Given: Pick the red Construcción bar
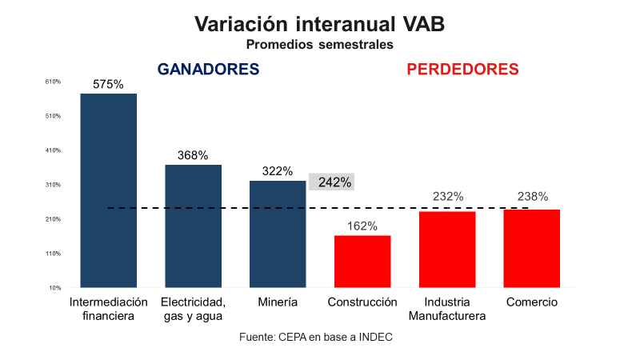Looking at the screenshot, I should coord(362,262).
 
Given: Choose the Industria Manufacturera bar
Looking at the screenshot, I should coord(447,250).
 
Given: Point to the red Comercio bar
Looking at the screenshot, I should coord(531,249).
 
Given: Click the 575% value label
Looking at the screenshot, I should coord(108,84).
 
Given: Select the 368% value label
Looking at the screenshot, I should coord(193,155).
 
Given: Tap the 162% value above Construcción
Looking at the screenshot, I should coord(362,226).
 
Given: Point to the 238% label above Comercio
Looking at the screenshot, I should coord(532,196).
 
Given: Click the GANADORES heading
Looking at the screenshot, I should coord(208,70).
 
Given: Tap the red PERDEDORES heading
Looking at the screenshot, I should coord(463,70).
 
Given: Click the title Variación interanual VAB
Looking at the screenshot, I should coord(319,25).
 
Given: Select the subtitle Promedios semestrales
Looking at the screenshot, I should coord(319,45).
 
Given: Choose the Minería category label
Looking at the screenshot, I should coord(278,302).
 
